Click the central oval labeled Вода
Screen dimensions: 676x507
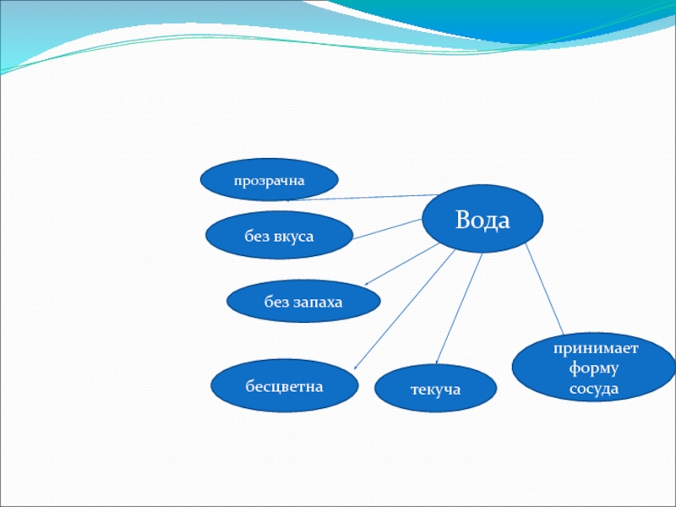(x=482, y=218)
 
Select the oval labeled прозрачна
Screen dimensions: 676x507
(x=269, y=180)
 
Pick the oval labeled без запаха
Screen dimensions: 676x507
(x=303, y=302)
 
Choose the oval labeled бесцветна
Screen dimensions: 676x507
(x=284, y=386)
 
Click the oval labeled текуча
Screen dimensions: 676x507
(x=434, y=390)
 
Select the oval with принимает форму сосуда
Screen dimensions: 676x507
(x=594, y=368)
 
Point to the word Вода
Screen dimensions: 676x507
(x=482, y=221)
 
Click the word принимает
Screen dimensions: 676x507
(x=595, y=348)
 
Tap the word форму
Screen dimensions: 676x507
(x=595, y=368)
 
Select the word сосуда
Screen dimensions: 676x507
(x=595, y=389)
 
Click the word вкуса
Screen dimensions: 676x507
(x=293, y=237)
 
